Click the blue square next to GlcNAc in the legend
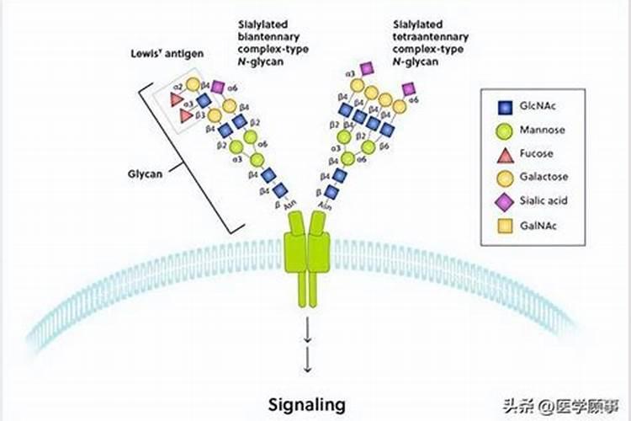(x=504, y=108)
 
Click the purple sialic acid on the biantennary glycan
(x=218, y=87)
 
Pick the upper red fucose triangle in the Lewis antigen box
(x=177, y=99)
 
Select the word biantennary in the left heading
(x=269, y=39)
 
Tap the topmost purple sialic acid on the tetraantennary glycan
(x=367, y=67)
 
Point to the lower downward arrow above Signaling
(x=307, y=362)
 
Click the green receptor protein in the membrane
(x=308, y=253)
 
